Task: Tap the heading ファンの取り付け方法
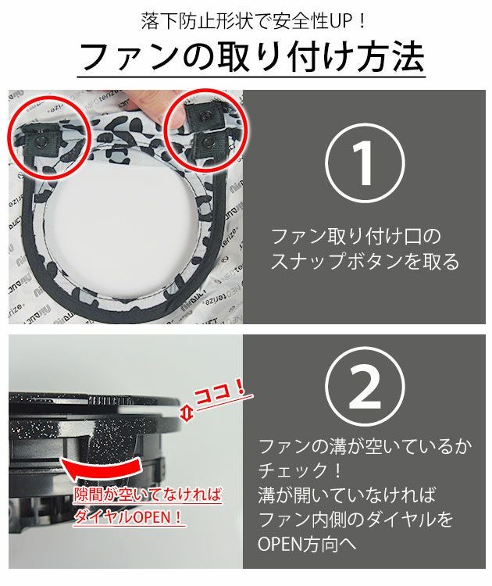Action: [x=251, y=56]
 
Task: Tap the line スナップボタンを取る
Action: [x=365, y=262]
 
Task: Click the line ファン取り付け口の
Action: [x=356, y=235]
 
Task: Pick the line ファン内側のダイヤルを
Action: [x=355, y=519]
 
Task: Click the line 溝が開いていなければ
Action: [x=347, y=495]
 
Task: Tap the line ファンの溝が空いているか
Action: [x=365, y=448]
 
